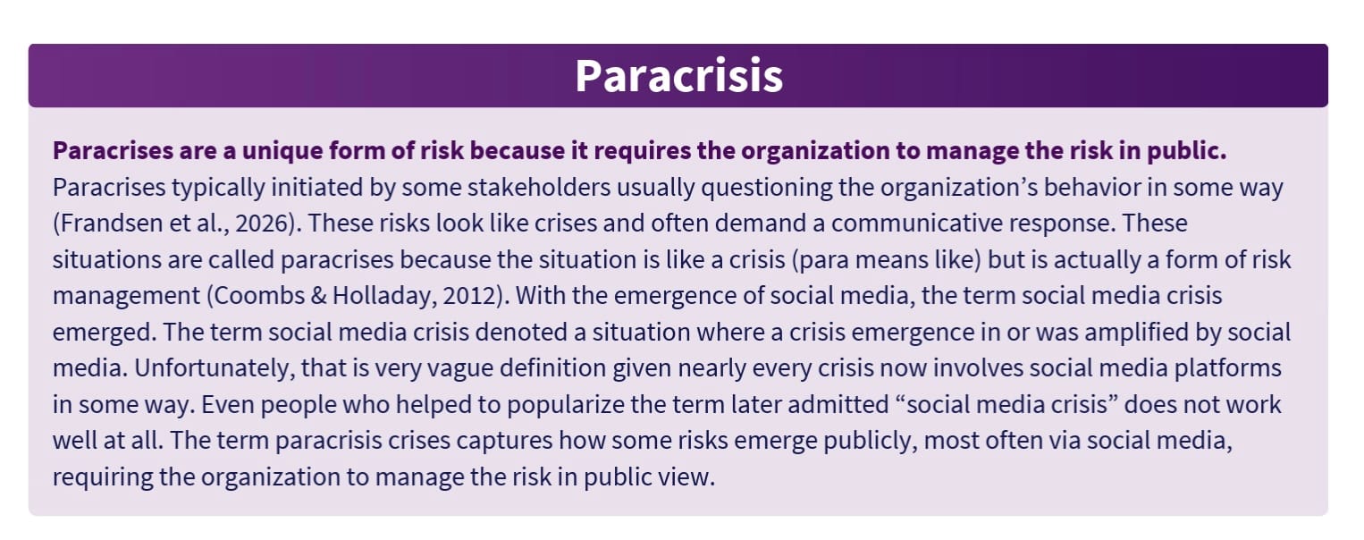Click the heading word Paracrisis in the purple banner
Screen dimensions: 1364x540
[678, 76]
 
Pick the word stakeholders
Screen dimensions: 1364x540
[539, 188]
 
